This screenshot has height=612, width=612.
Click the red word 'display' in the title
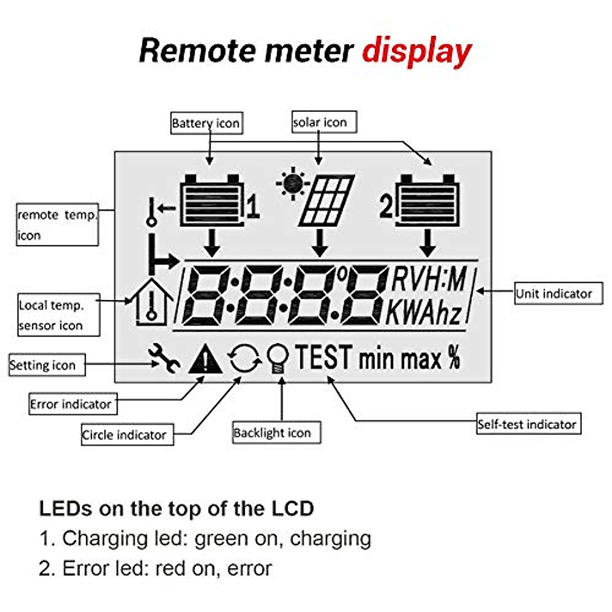click(416, 52)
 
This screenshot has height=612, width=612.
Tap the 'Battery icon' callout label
click(206, 123)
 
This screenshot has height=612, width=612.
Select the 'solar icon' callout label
click(323, 122)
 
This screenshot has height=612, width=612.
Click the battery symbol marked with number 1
click(211, 201)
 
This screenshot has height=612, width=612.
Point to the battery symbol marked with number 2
click(427, 200)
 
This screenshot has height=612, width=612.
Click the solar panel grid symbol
click(326, 201)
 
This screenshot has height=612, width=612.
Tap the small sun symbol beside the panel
click(292, 183)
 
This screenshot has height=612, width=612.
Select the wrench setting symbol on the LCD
click(164, 358)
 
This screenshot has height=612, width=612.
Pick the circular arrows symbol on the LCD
click(245, 359)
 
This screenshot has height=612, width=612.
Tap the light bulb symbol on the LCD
click(278, 359)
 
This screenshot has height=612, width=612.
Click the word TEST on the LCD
click(324, 358)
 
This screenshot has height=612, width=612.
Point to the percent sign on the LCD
click(454, 358)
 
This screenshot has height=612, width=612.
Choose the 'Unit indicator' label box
click(558, 294)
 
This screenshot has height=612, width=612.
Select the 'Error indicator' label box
click(72, 404)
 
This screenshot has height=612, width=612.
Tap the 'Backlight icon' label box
click(276, 432)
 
